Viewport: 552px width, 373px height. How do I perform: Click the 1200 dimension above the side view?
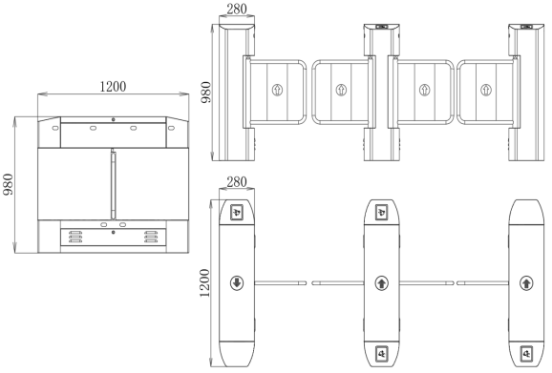113,86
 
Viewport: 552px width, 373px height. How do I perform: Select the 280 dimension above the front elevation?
235,9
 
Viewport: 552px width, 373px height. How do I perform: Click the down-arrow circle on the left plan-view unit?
236,282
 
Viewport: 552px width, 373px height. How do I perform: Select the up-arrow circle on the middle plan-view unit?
381,282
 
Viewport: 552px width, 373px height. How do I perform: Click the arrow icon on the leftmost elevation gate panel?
277,92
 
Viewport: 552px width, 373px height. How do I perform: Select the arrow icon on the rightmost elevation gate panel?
487,92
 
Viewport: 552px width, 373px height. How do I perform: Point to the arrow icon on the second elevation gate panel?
342,92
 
